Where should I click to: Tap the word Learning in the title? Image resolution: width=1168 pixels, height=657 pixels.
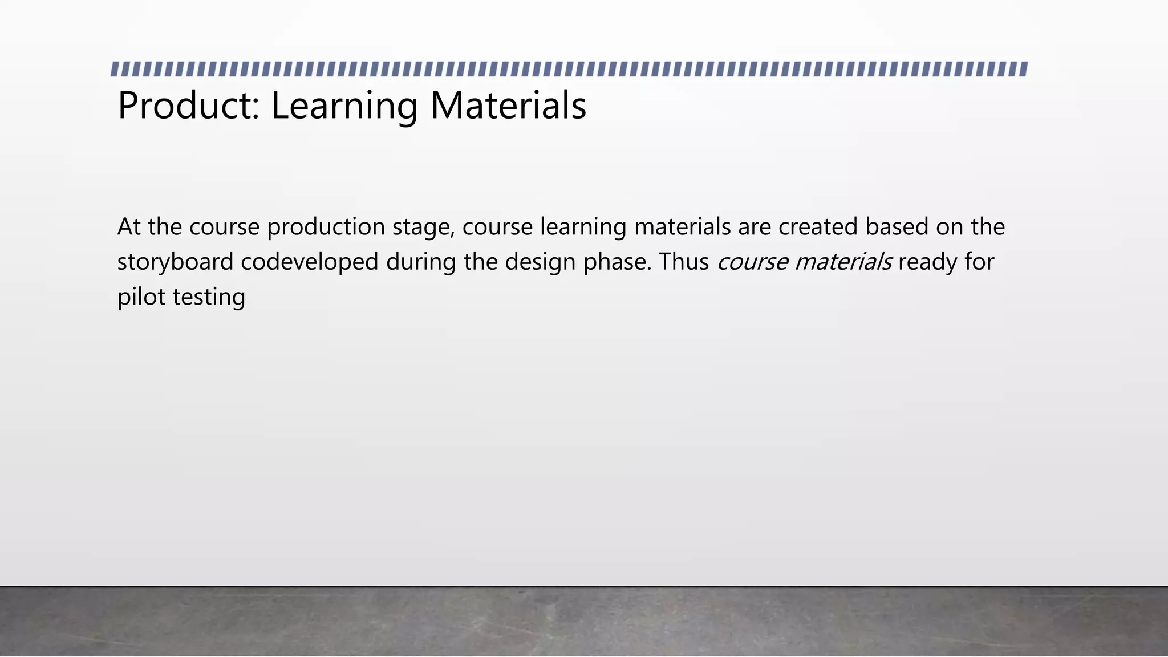[x=344, y=106]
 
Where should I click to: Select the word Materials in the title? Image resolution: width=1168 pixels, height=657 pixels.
[x=508, y=106]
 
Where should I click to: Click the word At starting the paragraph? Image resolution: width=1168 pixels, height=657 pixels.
[x=129, y=227]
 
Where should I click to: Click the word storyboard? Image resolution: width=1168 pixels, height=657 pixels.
[x=175, y=262]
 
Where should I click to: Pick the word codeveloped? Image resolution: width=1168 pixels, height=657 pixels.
[x=309, y=262]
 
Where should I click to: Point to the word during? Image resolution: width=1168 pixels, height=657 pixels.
[x=421, y=262]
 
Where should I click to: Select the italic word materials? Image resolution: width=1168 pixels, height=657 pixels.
[x=843, y=262]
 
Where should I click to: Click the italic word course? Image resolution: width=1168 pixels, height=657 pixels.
[x=752, y=262]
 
